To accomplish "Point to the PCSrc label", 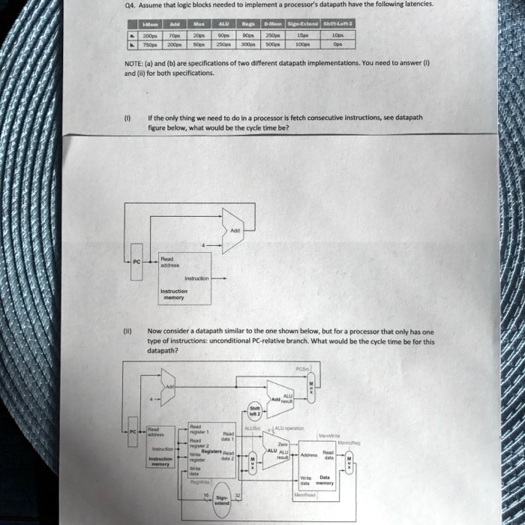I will pyautogui.click(x=302, y=368).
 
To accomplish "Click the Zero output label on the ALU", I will pyautogui.click(x=283, y=444).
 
